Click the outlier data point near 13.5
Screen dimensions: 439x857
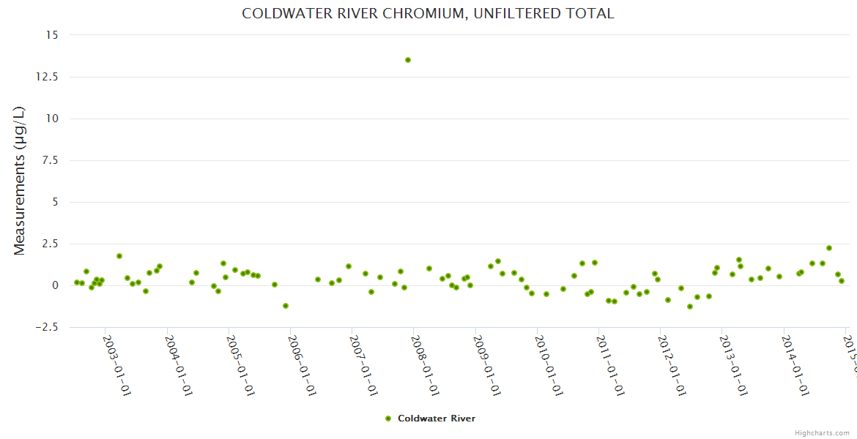click(408, 60)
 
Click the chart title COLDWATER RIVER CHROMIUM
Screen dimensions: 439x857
click(428, 14)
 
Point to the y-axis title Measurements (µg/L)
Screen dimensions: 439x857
click(20, 181)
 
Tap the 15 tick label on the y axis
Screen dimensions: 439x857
click(52, 35)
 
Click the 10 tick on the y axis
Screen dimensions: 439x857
click(52, 119)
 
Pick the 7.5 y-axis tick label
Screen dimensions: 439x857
click(50, 160)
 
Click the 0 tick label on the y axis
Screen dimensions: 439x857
click(54, 285)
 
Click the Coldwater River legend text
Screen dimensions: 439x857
click(437, 419)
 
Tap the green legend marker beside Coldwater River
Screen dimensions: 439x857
click(388, 419)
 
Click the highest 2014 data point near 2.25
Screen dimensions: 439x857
click(829, 248)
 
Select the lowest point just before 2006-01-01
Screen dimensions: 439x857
click(286, 306)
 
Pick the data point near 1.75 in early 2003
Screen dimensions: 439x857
click(119, 256)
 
